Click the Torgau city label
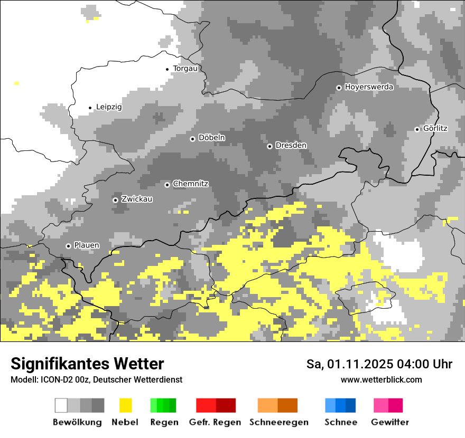[185, 69]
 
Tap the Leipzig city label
[109, 107]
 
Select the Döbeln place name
[211, 138]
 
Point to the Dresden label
[291, 145]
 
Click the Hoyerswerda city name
[369, 87]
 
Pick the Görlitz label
[435, 129]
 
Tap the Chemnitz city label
[190, 184]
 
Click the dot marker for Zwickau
[115, 200]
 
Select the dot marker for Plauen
[68, 246]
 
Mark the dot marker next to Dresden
[269, 146]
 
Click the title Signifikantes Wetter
[87, 364]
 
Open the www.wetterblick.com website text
[381, 379]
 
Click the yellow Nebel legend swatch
[125, 405]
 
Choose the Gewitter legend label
[389, 422]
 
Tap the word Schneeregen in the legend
[279, 422]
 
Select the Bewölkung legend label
[77, 422]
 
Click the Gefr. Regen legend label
[215, 422]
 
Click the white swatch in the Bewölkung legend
[61, 405]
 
